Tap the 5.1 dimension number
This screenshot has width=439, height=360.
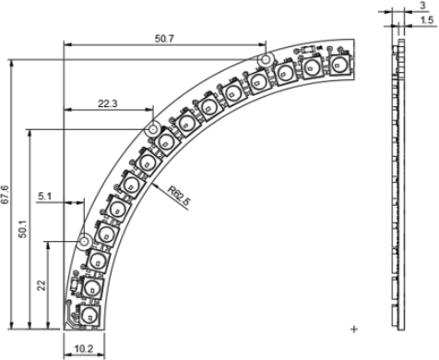47,196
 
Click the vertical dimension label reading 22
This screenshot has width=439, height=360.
42,283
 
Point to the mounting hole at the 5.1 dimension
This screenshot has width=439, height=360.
84,240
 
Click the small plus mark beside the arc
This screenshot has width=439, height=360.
354,328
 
